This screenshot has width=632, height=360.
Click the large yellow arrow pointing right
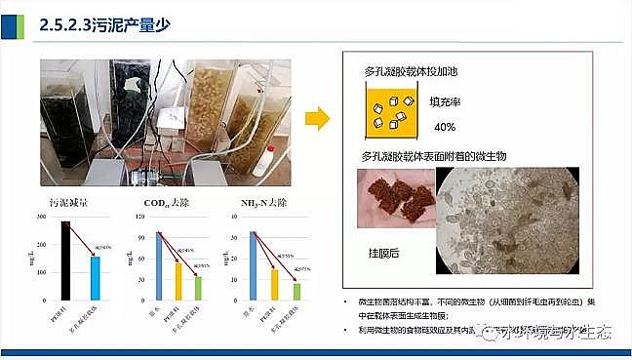[317, 120]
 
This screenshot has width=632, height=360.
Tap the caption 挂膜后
[383, 252]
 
